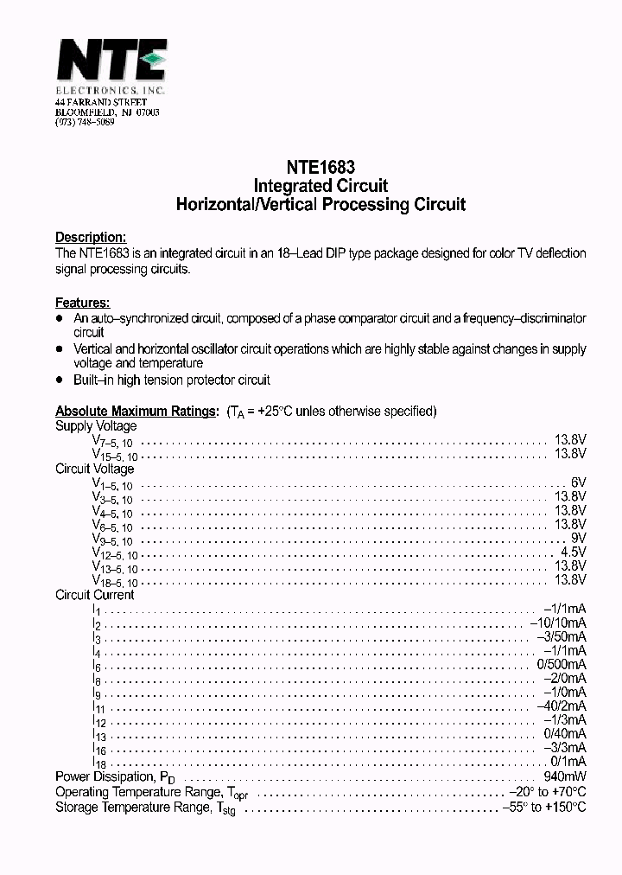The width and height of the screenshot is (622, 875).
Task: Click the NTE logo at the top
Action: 111,62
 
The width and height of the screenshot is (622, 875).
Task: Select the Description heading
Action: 91,237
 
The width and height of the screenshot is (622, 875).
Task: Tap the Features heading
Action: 82,303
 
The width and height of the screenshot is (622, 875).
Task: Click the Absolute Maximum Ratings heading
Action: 136,412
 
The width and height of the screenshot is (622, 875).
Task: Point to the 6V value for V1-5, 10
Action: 578,482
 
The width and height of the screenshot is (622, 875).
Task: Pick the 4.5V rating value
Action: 573,552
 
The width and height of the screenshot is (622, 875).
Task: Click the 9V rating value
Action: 578,538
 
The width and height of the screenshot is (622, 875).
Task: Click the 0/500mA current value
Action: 562,664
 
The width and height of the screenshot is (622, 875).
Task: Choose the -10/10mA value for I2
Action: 558,623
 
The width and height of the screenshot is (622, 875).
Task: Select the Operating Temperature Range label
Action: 137,792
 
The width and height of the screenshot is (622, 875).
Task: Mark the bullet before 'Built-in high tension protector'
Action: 60,380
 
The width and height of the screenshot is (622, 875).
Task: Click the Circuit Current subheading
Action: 95,595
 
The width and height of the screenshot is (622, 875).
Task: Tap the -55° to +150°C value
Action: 543,807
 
